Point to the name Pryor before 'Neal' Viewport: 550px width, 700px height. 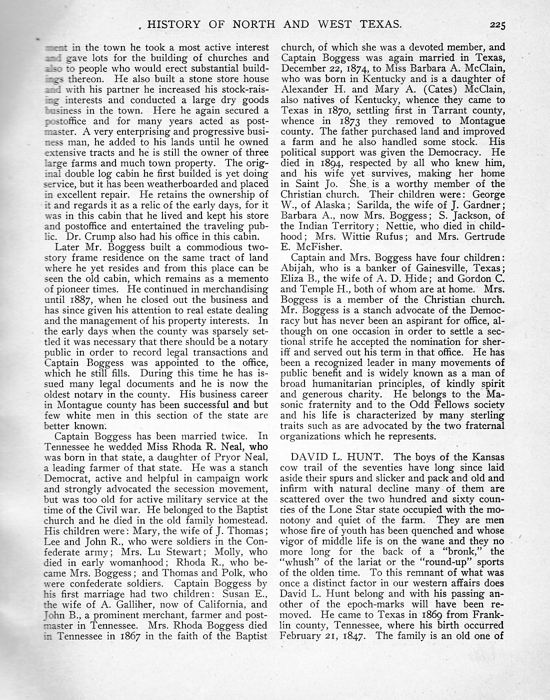pos(228,457)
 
